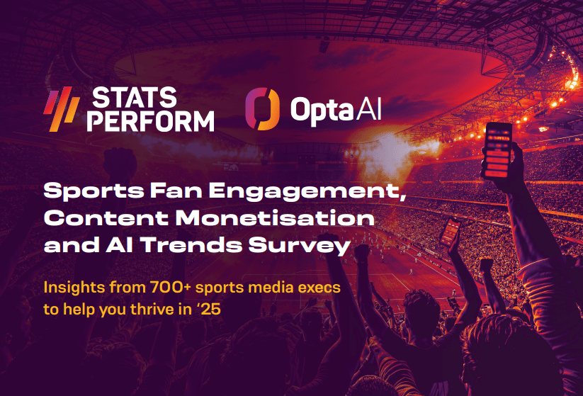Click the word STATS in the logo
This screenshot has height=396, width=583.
pyautogui.click(x=134, y=98)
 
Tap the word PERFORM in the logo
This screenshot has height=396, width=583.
pyautogui.click(x=151, y=121)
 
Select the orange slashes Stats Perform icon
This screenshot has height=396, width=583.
pyautogui.click(x=62, y=109)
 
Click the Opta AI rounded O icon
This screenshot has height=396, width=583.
pyautogui.click(x=262, y=109)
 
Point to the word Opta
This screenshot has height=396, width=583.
pyautogui.click(x=322, y=111)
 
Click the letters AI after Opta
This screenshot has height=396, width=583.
pyautogui.click(x=369, y=109)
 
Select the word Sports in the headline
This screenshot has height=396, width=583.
pyautogui.click(x=94, y=191)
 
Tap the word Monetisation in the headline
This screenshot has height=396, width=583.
pyautogui.click(x=275, y=218)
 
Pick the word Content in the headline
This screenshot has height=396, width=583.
pyautogui.click(x=106, y=218)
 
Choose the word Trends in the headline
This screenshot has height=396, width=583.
pyautogui.click(x=191, y=245)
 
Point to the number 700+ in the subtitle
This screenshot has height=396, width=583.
pyautogui.click(x=171, y=288)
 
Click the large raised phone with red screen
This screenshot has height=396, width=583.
pyautogui.click(x=497, y=151)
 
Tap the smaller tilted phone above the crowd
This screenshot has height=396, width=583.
pyautogui.click(x=450, y=232)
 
